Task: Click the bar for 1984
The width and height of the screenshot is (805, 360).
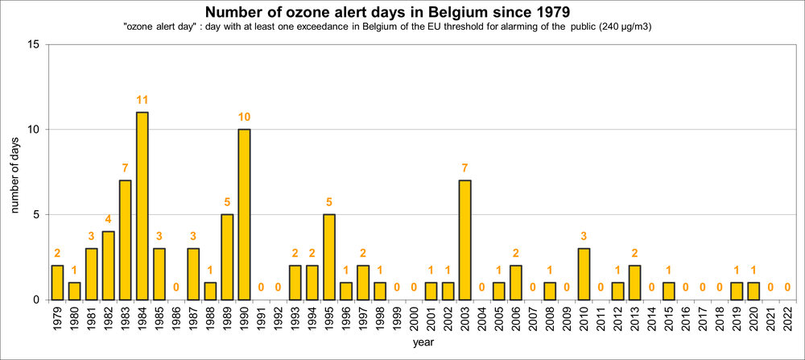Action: [142, 205]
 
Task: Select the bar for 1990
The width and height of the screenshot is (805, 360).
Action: [244, 214]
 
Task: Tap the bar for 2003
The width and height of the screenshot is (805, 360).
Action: [465, 240]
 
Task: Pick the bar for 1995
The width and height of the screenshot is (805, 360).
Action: [329, 257]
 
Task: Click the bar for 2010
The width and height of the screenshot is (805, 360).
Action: [584, 274]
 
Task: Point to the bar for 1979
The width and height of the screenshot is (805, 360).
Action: [57, 282]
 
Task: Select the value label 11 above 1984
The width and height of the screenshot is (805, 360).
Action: [142, 100]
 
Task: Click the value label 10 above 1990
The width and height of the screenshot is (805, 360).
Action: [244, 117]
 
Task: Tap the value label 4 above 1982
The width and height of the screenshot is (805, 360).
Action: [108, 219]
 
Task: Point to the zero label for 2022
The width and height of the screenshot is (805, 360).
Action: [788, 288]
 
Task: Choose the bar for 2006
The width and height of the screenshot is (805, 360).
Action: [516, 282]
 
